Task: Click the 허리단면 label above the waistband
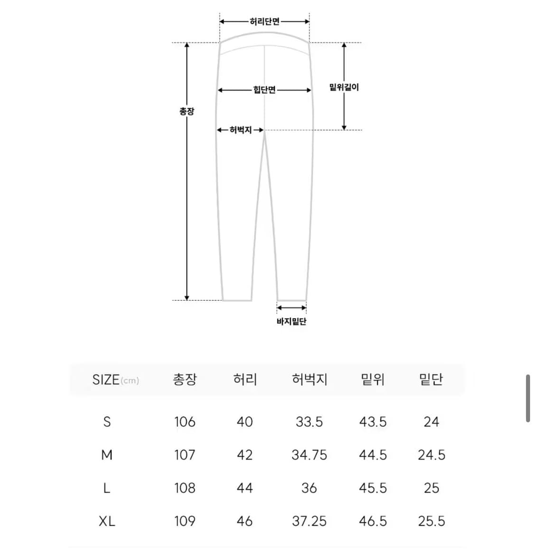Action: (x=264, y=21)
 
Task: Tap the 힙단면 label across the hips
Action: (x=264, y=90)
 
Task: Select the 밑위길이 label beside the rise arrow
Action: (x=344, y=87)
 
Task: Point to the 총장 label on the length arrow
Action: (x=187, y=111)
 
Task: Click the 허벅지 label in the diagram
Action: (x=240, y=130)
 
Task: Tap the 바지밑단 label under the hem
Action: (x=291, y=322)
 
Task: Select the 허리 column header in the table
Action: (x=245, y=380)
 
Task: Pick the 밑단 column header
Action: (x=431, y=380)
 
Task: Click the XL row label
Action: (x=107, y=521)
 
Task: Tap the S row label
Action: (x=107, y=422)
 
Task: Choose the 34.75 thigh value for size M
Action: (x=309, y=455)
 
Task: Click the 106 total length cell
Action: (x=185, y=422)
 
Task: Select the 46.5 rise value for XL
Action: (x=373, y=521)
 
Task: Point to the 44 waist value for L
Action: (x=244, y=488)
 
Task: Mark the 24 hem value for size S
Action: (x=431, y=422)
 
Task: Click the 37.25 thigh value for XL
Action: (x=309, y=521)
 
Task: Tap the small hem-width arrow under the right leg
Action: (x=291, y=308)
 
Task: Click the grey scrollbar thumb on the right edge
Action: (x=528, y=398)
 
